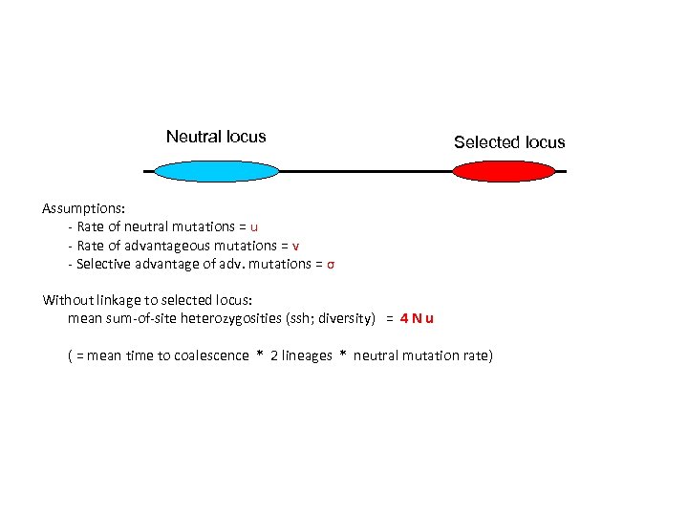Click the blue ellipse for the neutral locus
[216, 171]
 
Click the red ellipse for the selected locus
[503, 171]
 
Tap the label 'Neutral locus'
[216, 137]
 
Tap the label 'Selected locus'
[509, 142]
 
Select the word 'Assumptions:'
[83, 207]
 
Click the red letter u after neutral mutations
[253, 226]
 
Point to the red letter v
[296, 245]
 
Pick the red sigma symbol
[330, 264]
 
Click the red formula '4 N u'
[417, 318]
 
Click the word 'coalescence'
[209, 355]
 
